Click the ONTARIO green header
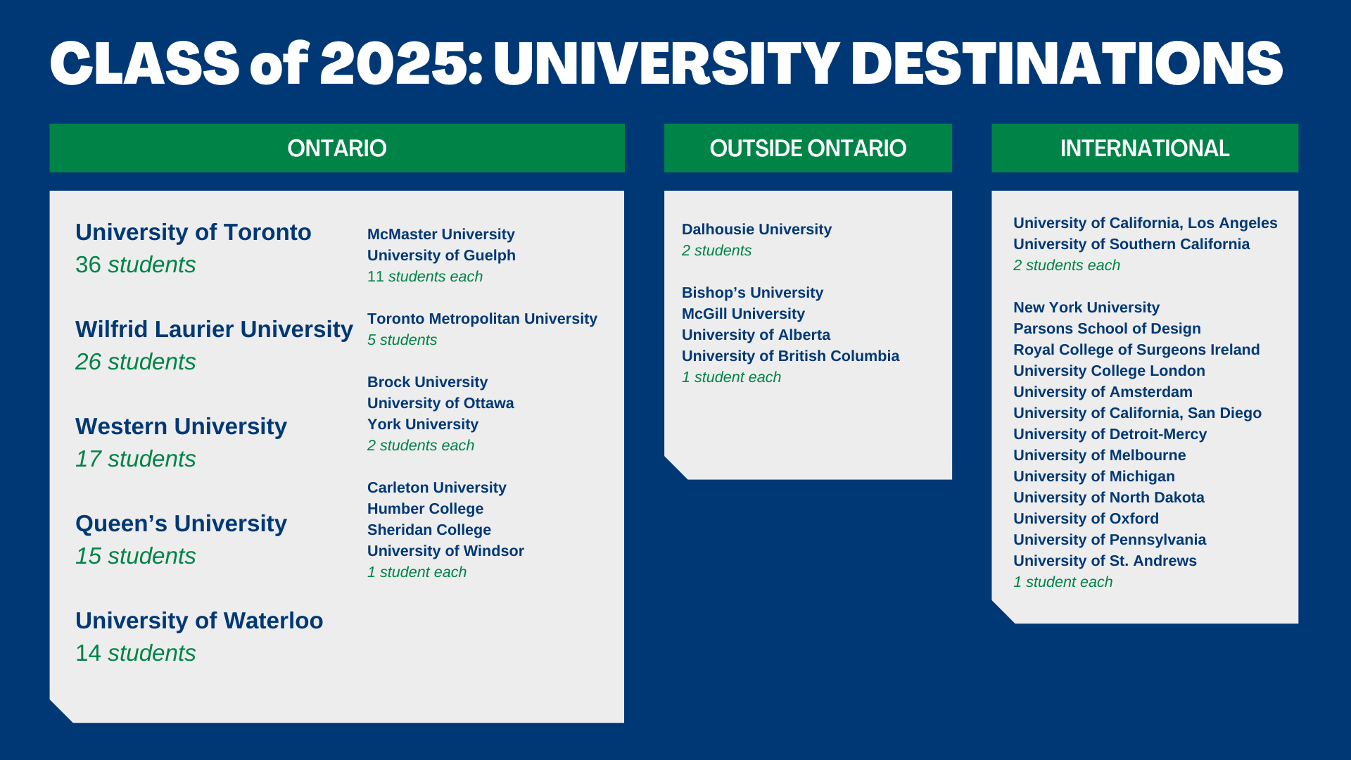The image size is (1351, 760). click(337, 148)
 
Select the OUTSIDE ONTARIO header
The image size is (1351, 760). click(808, 148)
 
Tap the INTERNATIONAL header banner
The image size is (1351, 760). click(1145, 148)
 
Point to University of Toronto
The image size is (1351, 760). click(194, 232)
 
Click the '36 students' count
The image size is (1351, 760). click(136, 265)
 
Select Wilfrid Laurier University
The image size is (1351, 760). click(214, 329)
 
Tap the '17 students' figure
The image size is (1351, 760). click(136, 459)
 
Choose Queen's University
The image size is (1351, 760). click(181, 524)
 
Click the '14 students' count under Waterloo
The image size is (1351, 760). click(136, 653)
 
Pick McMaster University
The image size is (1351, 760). click(441, 234)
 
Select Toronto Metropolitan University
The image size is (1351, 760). click(482, 319)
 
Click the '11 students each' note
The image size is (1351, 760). click(425, 277)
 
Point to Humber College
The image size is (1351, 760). click(426, 509)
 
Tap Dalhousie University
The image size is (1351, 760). click(756, 229)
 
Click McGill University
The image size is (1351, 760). click(743, 314)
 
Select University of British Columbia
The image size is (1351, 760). click(790, 356)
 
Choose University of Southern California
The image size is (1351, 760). click(1131, 244)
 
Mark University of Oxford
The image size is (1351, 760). click(1086, 519)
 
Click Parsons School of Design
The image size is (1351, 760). click(1107, 329)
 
